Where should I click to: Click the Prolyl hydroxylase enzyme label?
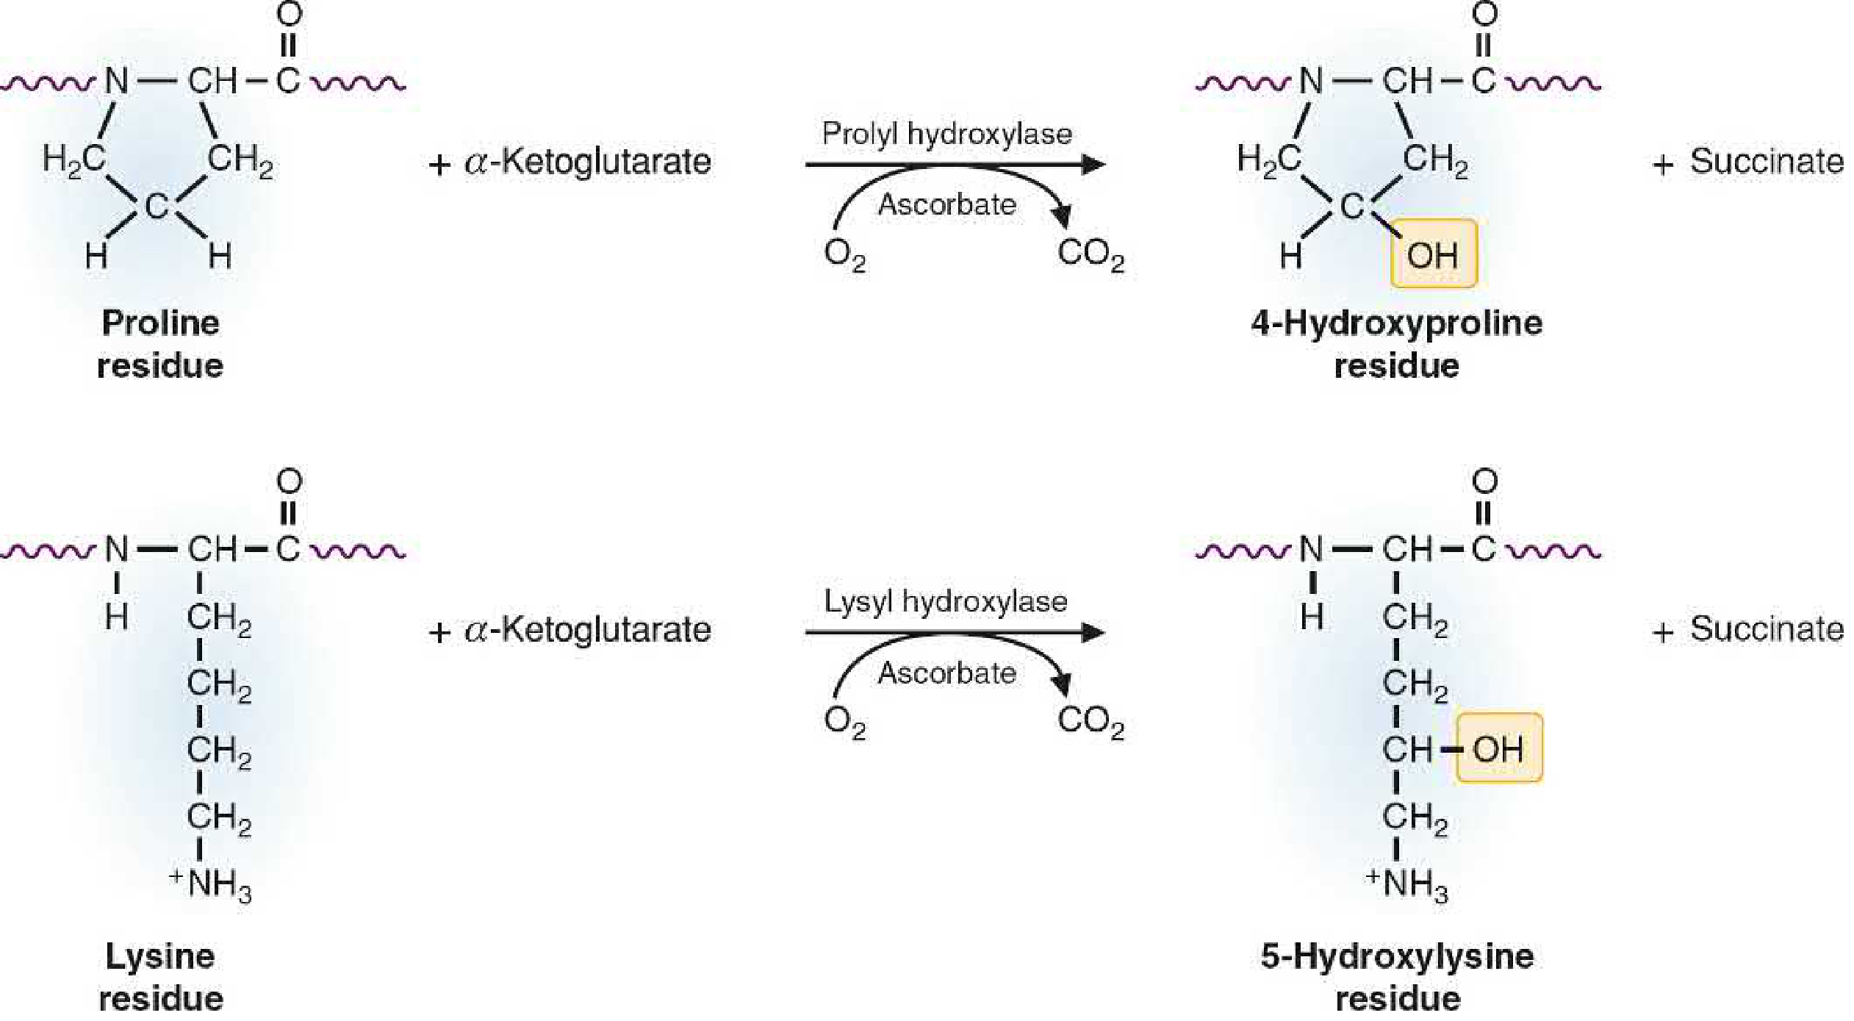[x=946, y=135]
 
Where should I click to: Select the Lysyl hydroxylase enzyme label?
[x=945, y=602]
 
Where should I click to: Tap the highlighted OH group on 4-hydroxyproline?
[x=1433, y=254]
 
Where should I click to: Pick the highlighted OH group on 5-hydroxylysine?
[x=1498, y=749]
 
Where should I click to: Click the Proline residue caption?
[x=160, y=344]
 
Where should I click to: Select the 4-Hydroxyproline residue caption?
[x=1396, y=344]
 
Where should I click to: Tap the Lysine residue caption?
[x=160, y=978]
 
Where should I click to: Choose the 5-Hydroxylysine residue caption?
[x=1397, y=978]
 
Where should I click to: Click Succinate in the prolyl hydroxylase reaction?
[x=1766, y=162]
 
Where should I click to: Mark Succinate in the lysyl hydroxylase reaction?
[x=1766, y=629]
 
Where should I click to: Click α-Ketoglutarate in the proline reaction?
[x=587, y=162]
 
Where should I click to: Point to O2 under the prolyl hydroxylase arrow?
[x=844, y=254]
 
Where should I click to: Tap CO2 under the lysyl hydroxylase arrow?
[x=1091, y=722]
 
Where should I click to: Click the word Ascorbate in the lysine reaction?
[x=946, y=673]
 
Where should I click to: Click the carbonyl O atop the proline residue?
[x=289, y=15]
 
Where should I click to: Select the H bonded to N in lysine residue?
[x=117, y=616]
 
